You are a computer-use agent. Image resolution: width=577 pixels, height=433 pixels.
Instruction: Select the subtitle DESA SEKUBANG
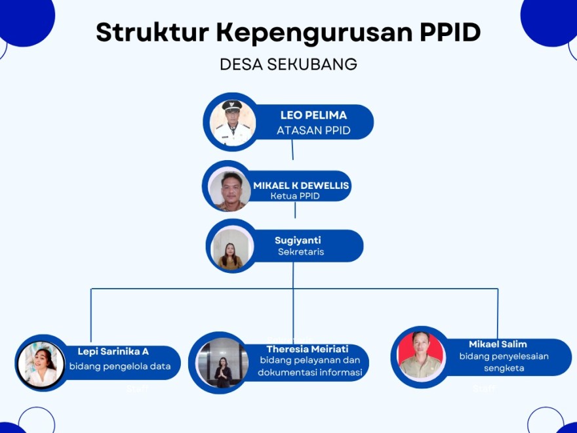coord(288,64)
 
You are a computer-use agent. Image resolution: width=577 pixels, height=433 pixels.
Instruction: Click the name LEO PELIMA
coord(313,115)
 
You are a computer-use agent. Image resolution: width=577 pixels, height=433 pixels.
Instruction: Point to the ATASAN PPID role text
coord(313,131)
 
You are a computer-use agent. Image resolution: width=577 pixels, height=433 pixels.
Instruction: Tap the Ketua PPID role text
coord(295,196)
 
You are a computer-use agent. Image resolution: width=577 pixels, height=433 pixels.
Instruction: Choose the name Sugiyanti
coord(298,241)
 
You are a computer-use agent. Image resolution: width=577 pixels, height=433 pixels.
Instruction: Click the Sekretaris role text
coord(300,252)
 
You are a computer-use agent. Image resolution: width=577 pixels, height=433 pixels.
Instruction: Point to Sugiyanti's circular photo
coord(231,247)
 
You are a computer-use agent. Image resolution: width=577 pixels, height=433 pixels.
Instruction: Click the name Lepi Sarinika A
coord(113,352)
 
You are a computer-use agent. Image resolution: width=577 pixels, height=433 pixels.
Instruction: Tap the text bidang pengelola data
coord(120,366)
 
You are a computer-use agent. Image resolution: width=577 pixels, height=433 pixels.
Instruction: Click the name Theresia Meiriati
coord(307,349)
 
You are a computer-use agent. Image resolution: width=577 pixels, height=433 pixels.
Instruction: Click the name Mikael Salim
coord(498,344)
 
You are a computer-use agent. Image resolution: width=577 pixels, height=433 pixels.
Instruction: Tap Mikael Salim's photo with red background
coord(421,356)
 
